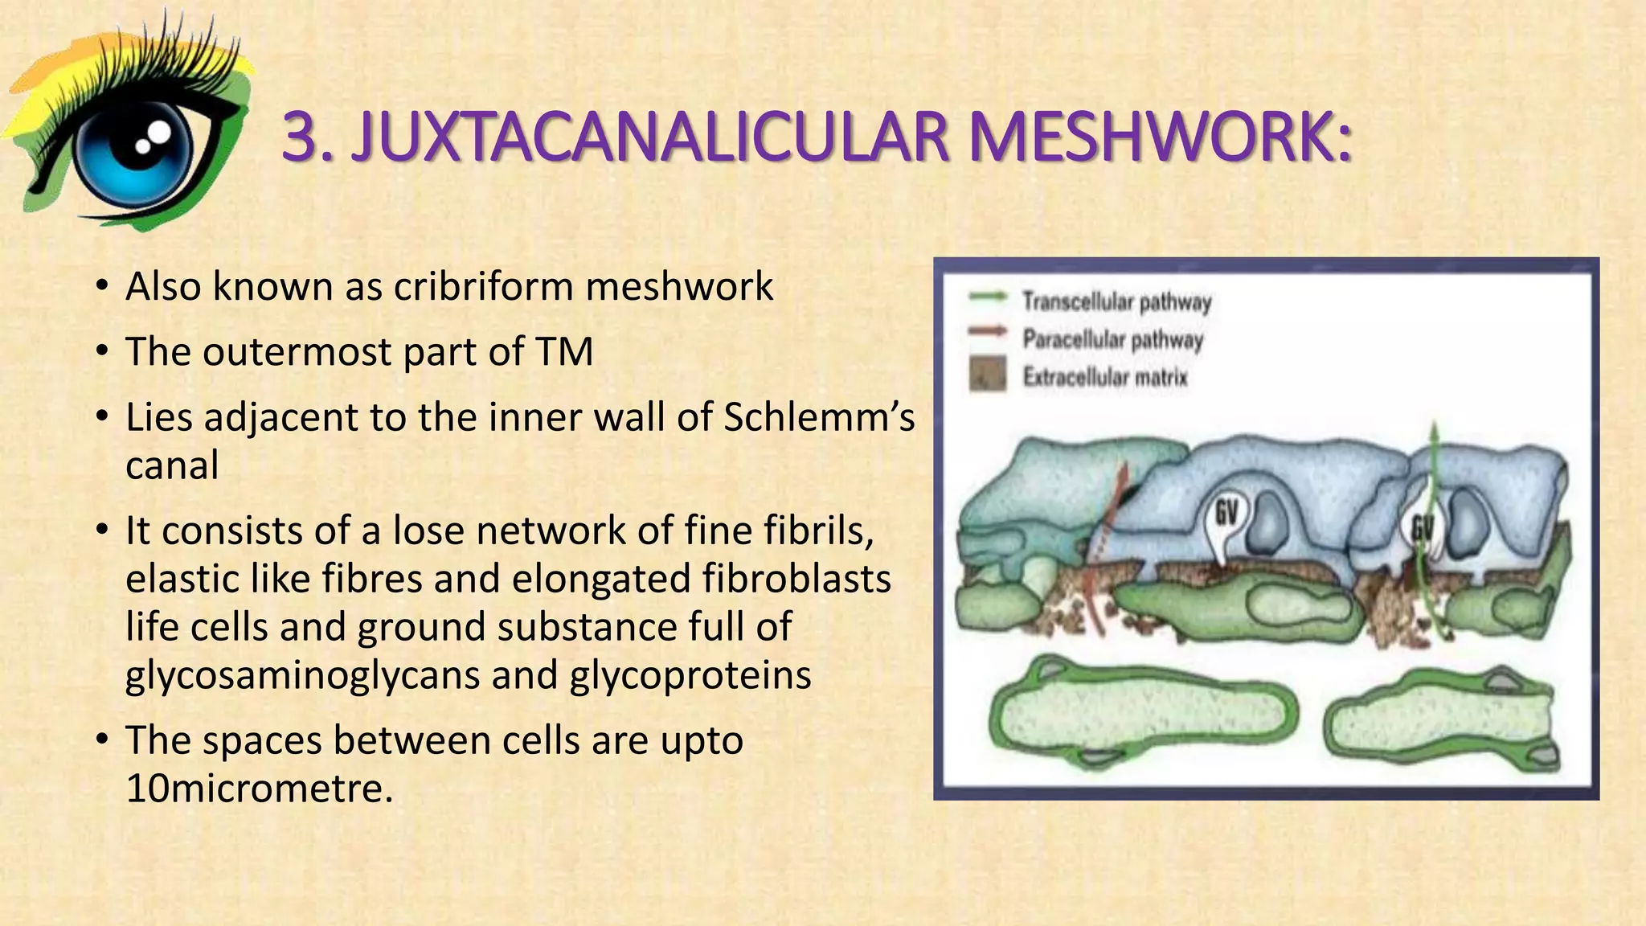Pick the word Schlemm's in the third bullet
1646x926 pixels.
tap(819, 417)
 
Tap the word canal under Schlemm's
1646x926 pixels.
tap(172, 465)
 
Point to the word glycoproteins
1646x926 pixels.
tap(690, 675)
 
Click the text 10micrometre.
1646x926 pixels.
tap(260, 789)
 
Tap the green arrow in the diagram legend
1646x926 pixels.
tap(988, 297)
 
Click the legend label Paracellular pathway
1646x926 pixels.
tap(1112, 340)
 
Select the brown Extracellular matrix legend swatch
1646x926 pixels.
tap(988, 375)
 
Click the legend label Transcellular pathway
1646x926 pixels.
tap(1116, 302)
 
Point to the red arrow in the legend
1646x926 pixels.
tap(987, 330)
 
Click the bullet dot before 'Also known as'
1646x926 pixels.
tap(100, 287)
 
